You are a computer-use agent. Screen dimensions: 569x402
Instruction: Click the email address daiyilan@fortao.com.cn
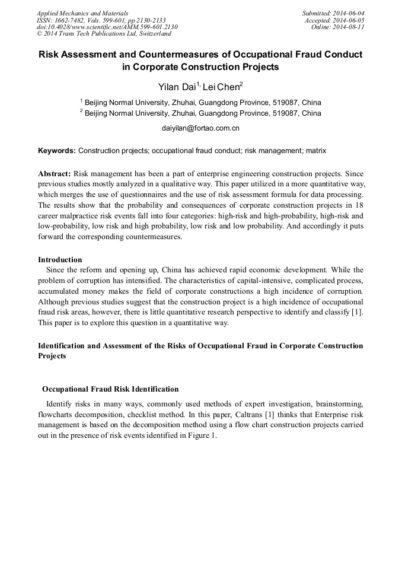pos(200,128)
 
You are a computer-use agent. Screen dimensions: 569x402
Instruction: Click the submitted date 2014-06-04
pos(350,13)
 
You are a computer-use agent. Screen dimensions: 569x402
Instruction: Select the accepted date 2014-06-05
pos(350,20)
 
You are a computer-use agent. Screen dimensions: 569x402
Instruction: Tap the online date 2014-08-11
pos(350,27)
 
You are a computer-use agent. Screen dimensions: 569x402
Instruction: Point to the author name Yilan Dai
pos(174,87)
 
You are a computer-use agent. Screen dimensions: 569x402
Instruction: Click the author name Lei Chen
pos(221,87)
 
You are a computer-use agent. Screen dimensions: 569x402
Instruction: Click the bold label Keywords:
pos(57,151)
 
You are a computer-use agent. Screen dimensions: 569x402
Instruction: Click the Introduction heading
pos(60,259)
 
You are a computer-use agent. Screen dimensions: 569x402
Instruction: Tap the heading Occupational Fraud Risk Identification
pos(110,389)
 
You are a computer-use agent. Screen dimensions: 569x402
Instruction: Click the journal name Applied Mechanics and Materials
pos(82,13)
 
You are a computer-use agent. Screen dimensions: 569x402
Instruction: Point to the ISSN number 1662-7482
pos(74,20)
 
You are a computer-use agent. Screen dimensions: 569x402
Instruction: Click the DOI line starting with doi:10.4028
pos(107,27)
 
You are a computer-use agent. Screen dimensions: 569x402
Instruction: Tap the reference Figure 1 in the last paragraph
pos(202,436)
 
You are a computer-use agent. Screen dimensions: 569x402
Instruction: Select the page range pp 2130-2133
pos(143,20)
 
